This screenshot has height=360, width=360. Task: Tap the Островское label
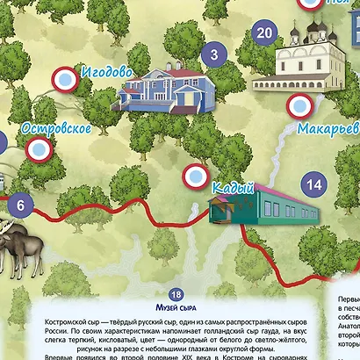coord(57,127)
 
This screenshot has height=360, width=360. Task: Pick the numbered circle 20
coord(263,33)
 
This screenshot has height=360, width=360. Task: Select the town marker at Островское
coord(38,149)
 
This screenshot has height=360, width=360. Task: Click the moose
coord(18,248)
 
